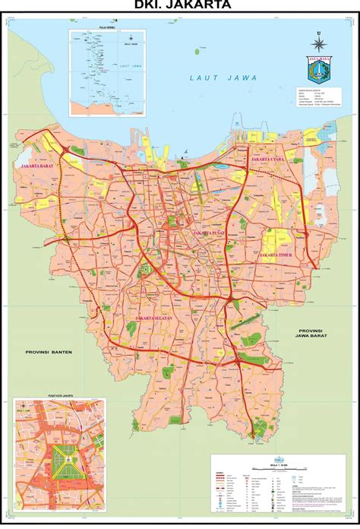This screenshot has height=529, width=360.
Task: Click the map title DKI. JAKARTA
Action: coord(179,6)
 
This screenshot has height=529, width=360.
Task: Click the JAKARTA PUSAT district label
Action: coord(213,233)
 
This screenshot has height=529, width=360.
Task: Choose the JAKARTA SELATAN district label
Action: coord(158,317)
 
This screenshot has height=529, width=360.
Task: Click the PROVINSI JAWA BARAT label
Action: coord(311,335)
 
